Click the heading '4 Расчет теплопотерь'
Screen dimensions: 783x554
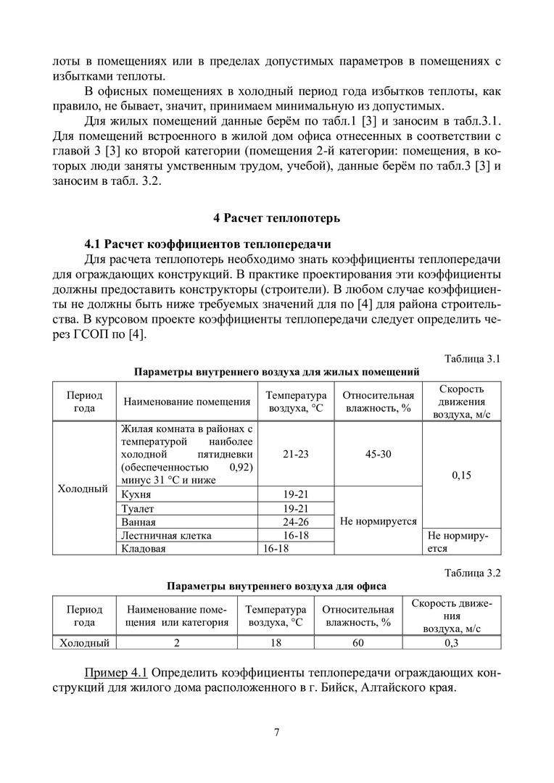click(x=276, y=218)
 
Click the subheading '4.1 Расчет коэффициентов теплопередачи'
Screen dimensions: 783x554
click(x=208, y=244)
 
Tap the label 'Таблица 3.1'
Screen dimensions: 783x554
click(x=472, y=358)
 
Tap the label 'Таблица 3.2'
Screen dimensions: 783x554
click(x=472, y=572)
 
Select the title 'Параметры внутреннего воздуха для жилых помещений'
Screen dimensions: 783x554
click(x=276, y=372)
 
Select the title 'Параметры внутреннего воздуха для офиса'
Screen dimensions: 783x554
click(x=276, y=585)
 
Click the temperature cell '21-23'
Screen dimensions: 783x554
click(x=296, y=454)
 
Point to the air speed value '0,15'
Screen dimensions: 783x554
click(x=461, y=476)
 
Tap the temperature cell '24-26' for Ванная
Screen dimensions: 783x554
click(x=296, y=522)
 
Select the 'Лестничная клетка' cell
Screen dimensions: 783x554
click(x=167, y=535)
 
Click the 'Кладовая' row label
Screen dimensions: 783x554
click(x=144, y=549)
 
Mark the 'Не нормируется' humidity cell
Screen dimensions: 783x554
click(x=378, y=521)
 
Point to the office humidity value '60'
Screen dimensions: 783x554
click(x=358, y=642)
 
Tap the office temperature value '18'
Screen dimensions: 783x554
click(x=276, y=642)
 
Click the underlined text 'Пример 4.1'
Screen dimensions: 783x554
click(x=117, y=671)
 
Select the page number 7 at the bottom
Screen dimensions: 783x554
click(x=277, y=732)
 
